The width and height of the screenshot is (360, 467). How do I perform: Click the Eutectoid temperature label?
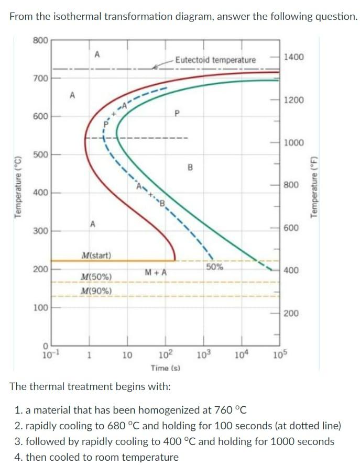(x=215, y=60)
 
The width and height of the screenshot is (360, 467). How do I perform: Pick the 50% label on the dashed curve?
(x=214, y=266)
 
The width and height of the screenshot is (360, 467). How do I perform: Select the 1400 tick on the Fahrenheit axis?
(x=293, y=56)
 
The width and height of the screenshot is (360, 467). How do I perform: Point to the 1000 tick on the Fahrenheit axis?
(x=293, y=142)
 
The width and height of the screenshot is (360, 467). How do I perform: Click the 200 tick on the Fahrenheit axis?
(x=291, y=313)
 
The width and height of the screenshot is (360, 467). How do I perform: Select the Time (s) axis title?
(x=166, y=368)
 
